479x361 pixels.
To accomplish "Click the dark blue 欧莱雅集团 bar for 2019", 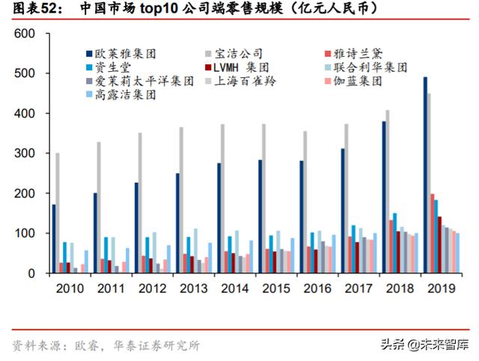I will tap(425, 175).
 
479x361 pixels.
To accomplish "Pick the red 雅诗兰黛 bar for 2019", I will tap(432, 233).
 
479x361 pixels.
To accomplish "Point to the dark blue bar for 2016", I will tap(301, 216).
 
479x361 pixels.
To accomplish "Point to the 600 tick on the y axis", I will tap(25, 34).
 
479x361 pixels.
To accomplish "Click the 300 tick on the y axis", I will tap(25, 154).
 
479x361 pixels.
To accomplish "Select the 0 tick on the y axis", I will tap(31, 273).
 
